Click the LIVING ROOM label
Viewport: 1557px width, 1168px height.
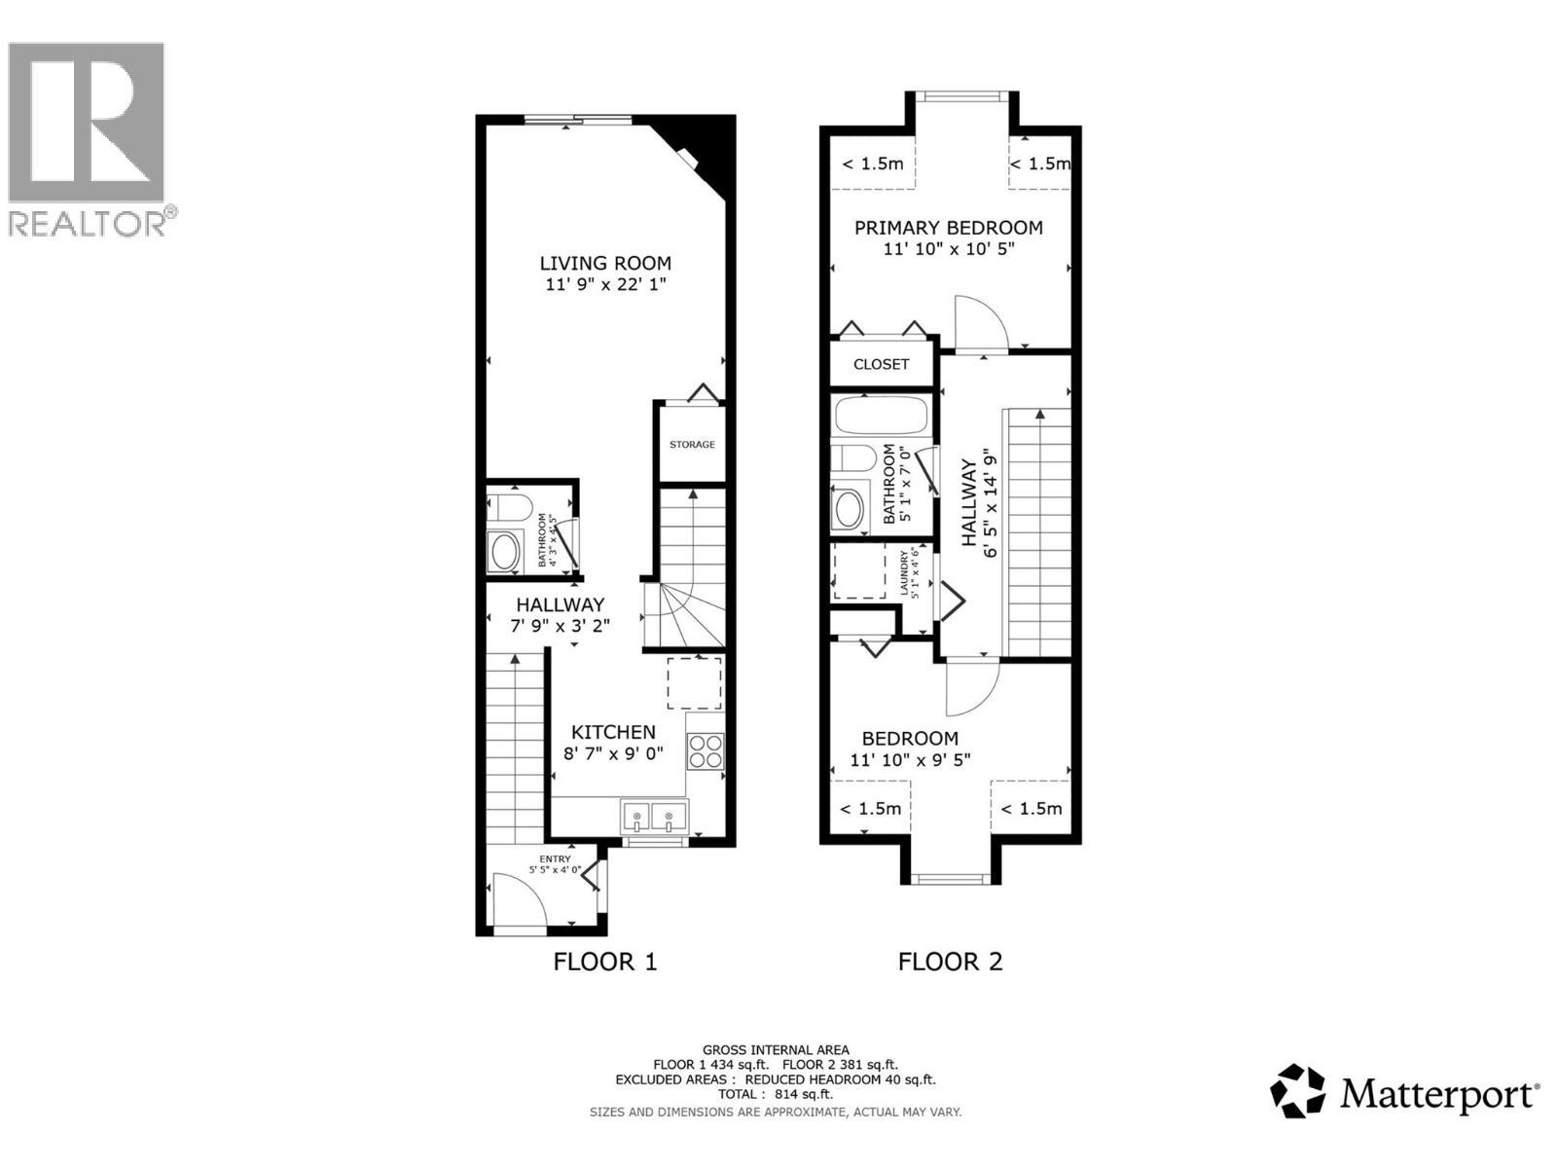605,263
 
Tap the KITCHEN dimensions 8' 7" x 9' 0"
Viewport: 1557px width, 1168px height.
613,753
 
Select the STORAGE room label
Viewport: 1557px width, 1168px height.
692,445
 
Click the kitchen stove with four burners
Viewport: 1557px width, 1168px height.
706,750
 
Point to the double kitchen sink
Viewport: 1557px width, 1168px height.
653,817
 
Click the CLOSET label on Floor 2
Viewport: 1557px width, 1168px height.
881,364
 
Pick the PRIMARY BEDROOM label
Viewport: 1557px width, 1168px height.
948,228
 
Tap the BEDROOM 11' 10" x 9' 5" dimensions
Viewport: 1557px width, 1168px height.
910,760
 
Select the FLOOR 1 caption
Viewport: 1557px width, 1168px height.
605,962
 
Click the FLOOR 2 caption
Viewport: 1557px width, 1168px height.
950,962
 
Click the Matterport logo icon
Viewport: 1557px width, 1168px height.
1298,1091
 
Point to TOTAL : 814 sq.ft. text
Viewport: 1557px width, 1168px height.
776,1094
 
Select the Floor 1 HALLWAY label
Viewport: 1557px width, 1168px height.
560,604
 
